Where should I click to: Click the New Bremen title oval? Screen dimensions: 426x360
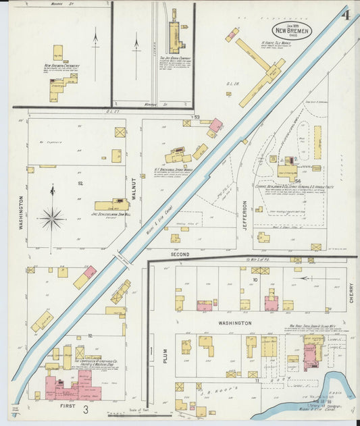point(292,30)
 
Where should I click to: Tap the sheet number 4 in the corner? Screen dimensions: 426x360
point(345,14)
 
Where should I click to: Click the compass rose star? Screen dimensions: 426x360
point(52,218)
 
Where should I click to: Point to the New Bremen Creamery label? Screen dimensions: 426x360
point(62,66)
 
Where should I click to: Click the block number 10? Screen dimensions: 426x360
point(255,278)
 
